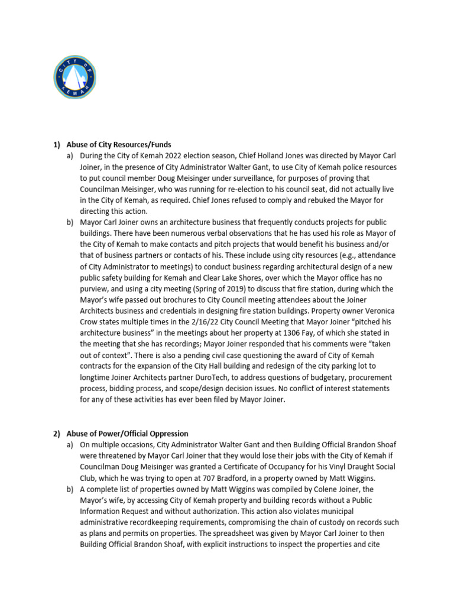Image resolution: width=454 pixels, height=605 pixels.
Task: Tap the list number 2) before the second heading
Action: tap(57, 433)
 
